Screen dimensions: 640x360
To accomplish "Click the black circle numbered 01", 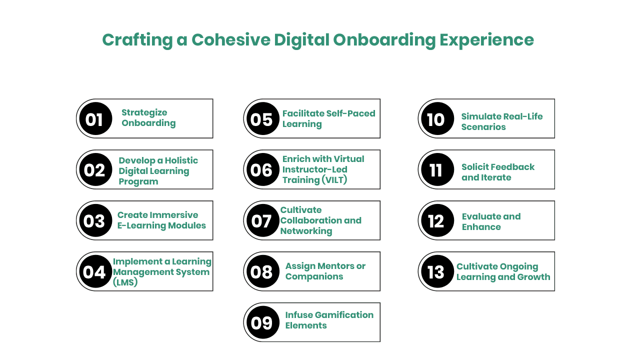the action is click(x=95, y=118).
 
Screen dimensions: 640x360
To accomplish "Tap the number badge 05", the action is click(x=263, y=118).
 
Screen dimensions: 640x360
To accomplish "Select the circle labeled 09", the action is click(x=263, y=322).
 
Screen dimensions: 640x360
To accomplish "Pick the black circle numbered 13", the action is click(x=437, y=271).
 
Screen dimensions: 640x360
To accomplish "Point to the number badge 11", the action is click(x=437, y=169).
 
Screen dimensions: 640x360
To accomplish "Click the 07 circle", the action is click(x=263, y=220).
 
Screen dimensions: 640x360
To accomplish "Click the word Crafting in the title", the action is click(x=137, y=40).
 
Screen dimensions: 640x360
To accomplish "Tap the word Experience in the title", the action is click(x=486, y=40).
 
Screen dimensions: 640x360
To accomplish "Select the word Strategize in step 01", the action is click(x=144, y=113).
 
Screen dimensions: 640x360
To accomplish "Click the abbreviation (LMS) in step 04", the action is click(x=125, y=282).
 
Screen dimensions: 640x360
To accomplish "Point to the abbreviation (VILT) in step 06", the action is click(x=334, y=180).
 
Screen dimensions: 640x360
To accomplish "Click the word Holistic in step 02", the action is click(x=181, y=160).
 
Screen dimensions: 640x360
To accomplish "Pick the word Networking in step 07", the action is click(x=306, y=231).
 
